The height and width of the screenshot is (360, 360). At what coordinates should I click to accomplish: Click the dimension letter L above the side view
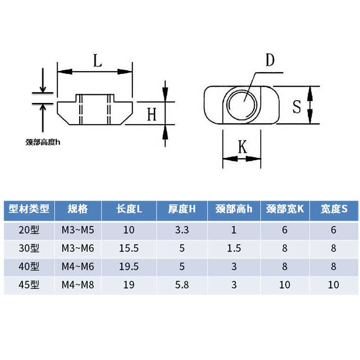98,60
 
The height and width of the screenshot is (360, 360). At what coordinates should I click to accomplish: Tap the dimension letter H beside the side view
152,114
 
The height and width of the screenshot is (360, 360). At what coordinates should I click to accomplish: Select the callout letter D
270,60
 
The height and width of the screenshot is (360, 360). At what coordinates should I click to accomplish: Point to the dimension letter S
297,107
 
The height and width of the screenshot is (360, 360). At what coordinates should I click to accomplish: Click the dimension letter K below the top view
243,147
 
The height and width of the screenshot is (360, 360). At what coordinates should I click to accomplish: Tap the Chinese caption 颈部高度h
43,142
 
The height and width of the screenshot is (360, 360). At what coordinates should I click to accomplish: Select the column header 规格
78,209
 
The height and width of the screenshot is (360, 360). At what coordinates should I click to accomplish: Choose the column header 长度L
129,209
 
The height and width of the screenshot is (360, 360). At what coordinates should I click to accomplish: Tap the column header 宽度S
334,209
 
